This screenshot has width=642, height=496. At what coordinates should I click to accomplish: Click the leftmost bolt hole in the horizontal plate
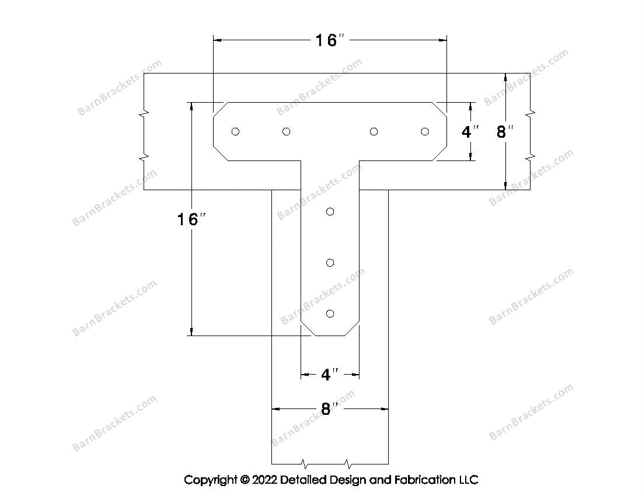click(235, 131)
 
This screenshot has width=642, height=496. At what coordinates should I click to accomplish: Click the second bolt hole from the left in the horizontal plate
click(286, 131)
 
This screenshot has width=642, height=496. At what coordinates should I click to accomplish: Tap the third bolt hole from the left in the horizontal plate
click(374, 131)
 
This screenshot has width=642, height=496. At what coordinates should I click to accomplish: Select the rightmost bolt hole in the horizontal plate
click(425, 131)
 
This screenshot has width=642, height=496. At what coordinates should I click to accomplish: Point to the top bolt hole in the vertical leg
click(330, 211)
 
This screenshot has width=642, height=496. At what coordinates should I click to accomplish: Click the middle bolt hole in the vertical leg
click(330, 263)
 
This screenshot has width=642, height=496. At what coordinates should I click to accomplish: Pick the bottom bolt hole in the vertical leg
click(330, 314)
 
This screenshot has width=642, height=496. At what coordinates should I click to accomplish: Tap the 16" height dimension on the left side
click(191, 219)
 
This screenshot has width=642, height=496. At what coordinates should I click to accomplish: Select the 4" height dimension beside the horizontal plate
click(469, 132)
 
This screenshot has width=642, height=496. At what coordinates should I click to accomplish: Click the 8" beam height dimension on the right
click(504, 132)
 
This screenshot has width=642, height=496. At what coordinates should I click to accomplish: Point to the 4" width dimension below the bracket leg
click(330, 375)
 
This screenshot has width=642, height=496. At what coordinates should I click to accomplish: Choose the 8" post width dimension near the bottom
click(330, 409)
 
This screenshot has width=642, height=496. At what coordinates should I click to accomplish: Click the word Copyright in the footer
click(210, 480)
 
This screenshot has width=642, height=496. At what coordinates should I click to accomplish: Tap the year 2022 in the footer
click(264, 480)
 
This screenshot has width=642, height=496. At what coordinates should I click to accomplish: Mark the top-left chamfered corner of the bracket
click(220, 109)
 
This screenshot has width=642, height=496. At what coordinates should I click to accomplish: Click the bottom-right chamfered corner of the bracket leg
click(352, 328)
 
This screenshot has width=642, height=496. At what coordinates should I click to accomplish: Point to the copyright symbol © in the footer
click(244, 480)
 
